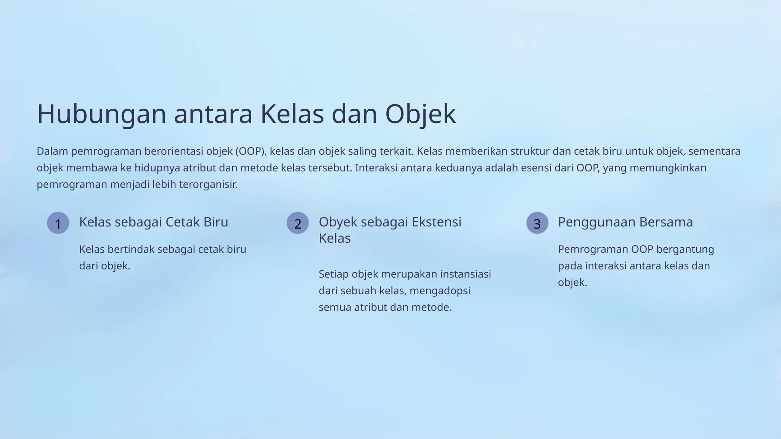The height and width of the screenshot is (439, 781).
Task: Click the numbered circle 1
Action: (x=58, y=223)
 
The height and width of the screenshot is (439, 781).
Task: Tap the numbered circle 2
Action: (x=297, y=223)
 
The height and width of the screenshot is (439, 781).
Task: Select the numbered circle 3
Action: (x=537, y=223)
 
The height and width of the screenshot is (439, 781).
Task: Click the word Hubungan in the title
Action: (x=101, y=114)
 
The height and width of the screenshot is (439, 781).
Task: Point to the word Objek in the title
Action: (x=420, y=114)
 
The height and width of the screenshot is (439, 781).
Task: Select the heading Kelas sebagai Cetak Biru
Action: (x=153, y=222)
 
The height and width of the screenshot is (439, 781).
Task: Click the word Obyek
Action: (x=337, y=222)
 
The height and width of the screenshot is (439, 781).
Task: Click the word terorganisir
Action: (x=208, y=184)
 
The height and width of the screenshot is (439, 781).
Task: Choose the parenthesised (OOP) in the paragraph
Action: (x=250, y=151)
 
